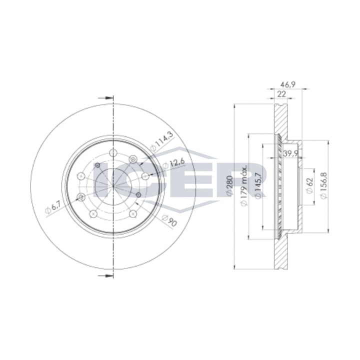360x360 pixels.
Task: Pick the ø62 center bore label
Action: click(x=309, y=188)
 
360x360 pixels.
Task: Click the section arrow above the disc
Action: click(x=105, y=97)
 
